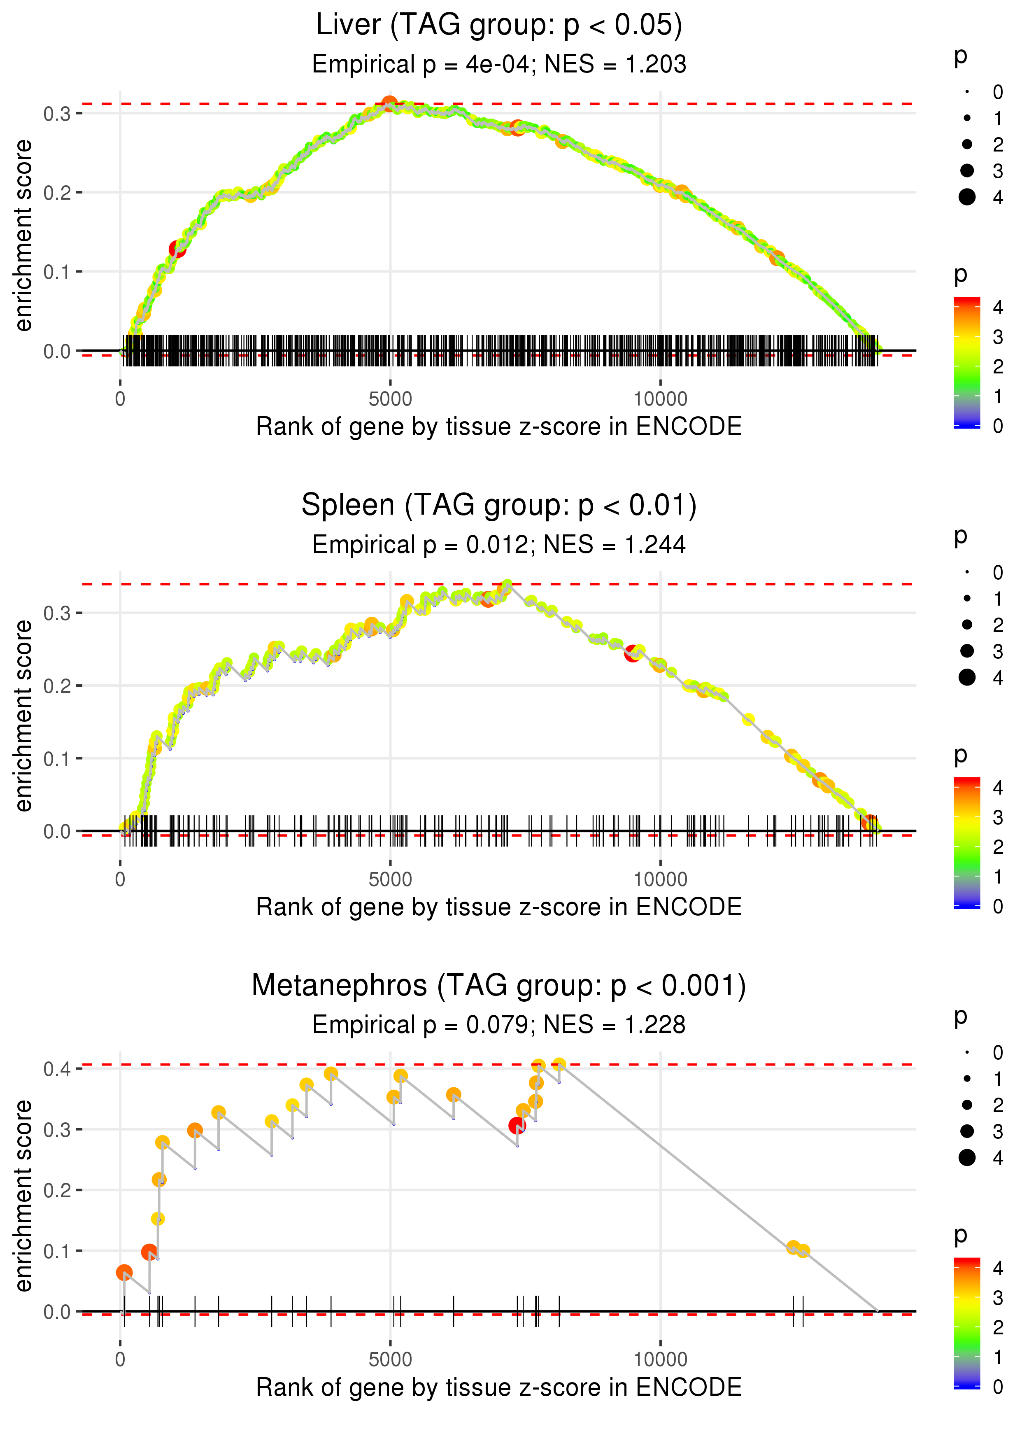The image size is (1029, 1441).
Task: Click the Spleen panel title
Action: [499, 505]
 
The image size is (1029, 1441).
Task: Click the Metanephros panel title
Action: [499, 985]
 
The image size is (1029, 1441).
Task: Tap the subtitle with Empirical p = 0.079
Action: [499, 1025]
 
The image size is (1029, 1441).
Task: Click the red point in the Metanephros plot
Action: [517, 1126]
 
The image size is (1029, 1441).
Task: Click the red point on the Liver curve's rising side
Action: [177, 249]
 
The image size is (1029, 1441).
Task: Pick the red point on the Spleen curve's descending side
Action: [632, 653]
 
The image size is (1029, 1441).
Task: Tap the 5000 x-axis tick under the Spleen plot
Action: [390, 879]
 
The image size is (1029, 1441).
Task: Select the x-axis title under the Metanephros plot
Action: [499, 1387]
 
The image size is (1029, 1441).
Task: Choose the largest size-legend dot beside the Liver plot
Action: [967, 197]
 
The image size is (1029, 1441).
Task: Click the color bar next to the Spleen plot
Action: [967, 843]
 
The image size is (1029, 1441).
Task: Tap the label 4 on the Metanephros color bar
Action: [998, 1268]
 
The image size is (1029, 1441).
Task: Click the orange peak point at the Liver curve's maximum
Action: [390, 104]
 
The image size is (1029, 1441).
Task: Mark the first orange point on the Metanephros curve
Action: [124, 1273]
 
